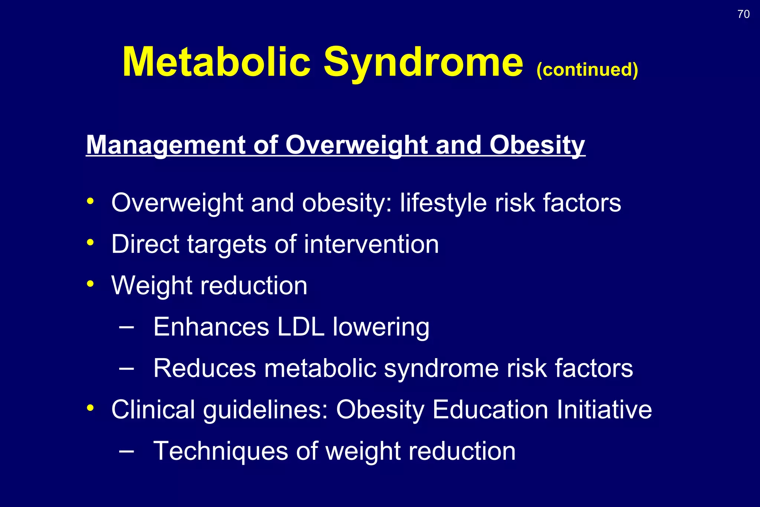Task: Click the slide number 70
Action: point(743,14)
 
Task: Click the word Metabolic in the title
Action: point(216,62)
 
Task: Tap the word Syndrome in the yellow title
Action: point(423,62)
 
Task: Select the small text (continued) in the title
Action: point(587,69)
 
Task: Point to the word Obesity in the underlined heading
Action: point(537,145)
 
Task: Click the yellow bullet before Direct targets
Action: point(90,242)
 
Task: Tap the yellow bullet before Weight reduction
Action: point(90,284)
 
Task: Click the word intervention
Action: point(371,244)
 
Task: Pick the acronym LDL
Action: point(301,327)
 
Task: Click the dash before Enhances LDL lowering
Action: point(127,327)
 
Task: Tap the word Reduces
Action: point(204,369)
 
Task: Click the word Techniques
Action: point(220,451)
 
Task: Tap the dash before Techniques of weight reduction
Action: point(127,451)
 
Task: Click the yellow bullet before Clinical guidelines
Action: point(90,408)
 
